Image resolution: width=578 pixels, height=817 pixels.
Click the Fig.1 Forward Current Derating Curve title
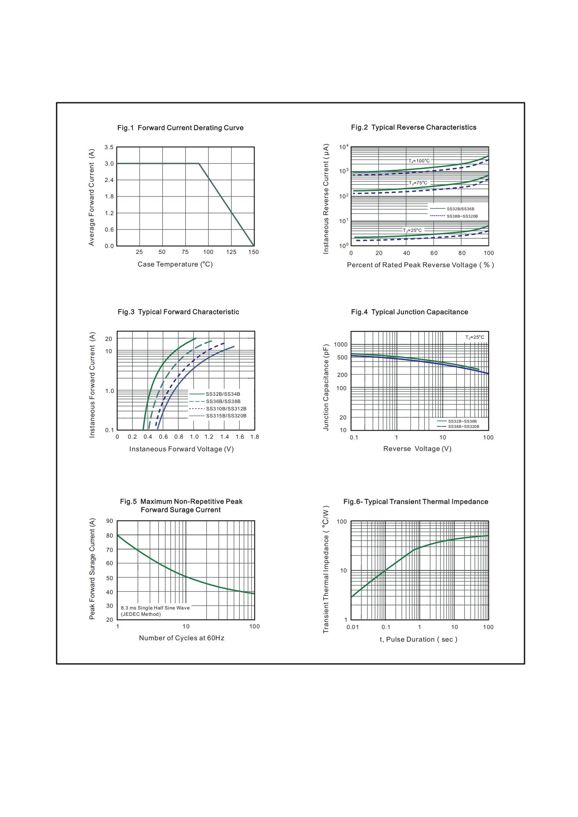click(x=180, y=128)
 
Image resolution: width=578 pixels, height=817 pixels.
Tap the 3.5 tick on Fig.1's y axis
click(x=109, y=147)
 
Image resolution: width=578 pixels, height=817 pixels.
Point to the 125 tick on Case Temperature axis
click(x=231, y=252)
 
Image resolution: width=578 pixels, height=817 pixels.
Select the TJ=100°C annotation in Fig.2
click(x=419, y=161)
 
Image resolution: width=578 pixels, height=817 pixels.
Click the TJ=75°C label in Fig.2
click(x=418, y=183)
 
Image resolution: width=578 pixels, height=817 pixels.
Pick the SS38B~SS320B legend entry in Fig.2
click(x=462, y=216)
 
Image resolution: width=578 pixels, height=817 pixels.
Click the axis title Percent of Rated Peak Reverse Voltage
click(x=420, y=265)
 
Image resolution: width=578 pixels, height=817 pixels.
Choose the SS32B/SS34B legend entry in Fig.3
click(x=223, y=394)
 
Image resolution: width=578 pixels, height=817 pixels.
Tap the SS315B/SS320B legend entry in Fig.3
click(x=226, y=416)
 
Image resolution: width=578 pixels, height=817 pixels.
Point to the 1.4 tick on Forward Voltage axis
click(x=225, y=437)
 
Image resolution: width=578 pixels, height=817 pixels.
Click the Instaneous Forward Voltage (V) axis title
click(x=181, y=449)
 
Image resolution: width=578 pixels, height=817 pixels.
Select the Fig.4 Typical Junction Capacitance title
click(x=409, y=312)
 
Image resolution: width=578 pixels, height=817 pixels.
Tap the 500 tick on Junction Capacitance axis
click(x=342, y=358)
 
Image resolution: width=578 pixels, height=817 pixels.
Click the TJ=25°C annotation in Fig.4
click(x=475, y=337)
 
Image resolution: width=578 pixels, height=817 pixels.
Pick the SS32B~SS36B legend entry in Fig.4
click(x=462, y=421)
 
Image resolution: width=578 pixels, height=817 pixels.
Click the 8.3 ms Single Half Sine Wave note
click(x=155, y=608)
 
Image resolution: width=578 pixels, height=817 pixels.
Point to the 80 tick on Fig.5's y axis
click(x=109, y=535)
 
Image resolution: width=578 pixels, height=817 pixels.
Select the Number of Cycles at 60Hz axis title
click(x=181, y=638)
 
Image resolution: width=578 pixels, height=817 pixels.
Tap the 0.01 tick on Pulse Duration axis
click(x=352, y=627)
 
